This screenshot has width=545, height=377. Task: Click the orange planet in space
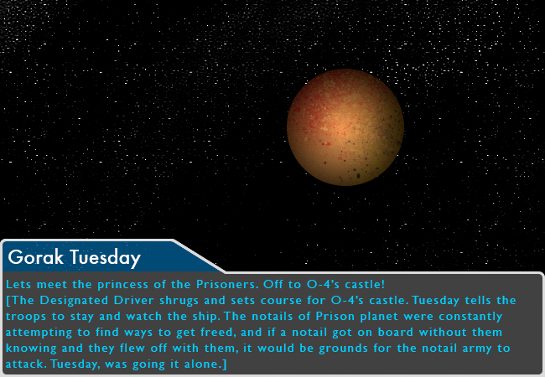tap(345, 127)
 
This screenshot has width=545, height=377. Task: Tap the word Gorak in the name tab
tap(36, 257)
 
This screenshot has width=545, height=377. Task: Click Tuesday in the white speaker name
tap(106, 258)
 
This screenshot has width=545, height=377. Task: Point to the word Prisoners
tap(227, 284)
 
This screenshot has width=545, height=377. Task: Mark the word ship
tap(208, 317)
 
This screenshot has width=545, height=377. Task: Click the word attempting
tap(39, 333)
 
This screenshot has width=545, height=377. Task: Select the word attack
tap(26, 364)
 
